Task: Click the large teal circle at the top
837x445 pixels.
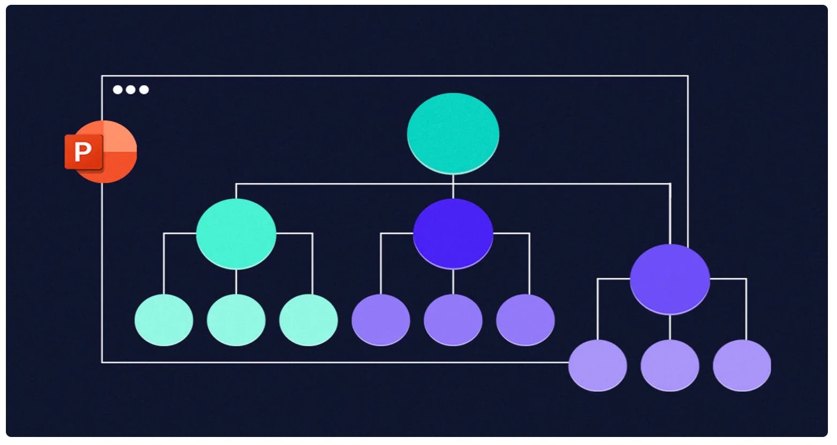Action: click(453, 134)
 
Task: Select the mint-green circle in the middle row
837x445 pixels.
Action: click(236, 234)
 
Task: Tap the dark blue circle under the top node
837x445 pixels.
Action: click(453, 234)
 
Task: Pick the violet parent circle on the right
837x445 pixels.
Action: click(670, 279)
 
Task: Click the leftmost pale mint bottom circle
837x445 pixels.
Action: click(164, 320)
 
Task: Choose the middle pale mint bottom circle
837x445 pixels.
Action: click(236, 320)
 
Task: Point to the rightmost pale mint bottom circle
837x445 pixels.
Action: click(308, 320)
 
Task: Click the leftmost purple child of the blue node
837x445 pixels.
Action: click(381, 320)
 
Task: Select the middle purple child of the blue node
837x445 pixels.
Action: click(453, 320)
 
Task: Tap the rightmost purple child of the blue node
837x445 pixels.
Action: click(526, 320)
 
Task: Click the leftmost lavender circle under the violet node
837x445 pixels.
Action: click(597, 365)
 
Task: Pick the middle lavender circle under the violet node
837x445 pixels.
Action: click(670, 365)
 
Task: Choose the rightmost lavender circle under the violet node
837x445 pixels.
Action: click(742, 365)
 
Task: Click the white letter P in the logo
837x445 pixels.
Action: click(83, 151)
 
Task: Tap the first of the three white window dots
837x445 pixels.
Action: click(118, 90)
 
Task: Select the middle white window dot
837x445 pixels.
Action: click(131, 90)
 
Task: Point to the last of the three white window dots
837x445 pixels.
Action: click(144, 90)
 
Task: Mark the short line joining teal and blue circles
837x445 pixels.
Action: click(453, 187)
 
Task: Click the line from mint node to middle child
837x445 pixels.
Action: click(236, 282)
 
